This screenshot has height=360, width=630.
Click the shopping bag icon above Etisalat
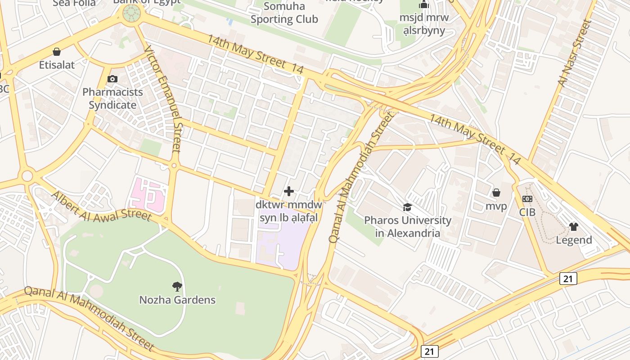57,52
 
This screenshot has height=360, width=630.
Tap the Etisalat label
57,65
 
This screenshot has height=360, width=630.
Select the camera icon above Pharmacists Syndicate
112,79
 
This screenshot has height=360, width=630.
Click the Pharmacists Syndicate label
112,99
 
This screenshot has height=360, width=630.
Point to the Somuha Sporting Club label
284,13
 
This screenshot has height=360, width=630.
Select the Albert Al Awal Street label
101,207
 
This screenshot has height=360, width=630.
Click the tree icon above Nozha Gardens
177,286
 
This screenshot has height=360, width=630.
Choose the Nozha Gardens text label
177,300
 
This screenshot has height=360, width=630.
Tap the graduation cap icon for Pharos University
407,207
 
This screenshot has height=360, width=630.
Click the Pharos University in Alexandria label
407,227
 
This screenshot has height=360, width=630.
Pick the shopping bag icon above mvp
496,193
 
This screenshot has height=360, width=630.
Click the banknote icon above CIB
527,198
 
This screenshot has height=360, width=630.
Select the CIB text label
527,212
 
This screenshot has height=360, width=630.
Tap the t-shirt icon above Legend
573,226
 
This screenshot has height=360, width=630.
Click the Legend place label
574,240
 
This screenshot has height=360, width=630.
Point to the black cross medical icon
289,191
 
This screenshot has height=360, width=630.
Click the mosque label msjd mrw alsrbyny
424,24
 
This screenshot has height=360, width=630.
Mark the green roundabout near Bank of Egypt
131,14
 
